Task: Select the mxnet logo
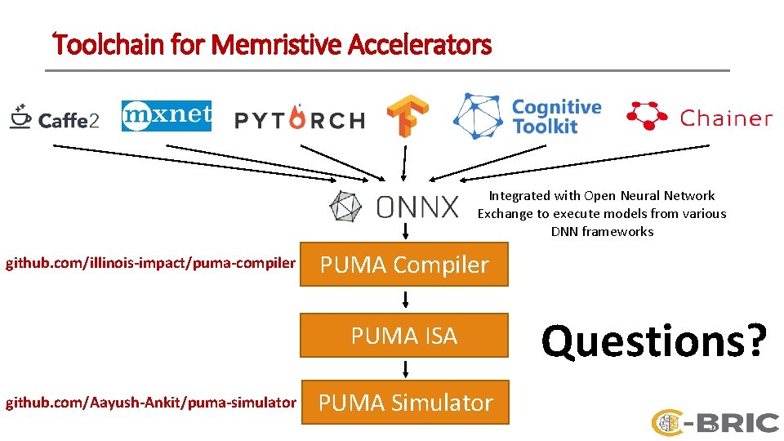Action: pos(167,117)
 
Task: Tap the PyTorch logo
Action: pos(299,120)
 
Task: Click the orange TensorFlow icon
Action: pos(408,116)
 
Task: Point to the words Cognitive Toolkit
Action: pos(556,117)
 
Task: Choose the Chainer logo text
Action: pos(725,118)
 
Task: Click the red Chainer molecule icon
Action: pos(647,116)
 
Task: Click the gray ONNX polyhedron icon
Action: pos(346,207)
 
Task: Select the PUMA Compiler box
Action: pos(403,265)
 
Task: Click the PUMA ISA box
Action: pos(403,336)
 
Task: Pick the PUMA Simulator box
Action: pos(405,403)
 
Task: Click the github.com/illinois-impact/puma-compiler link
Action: pos(150,263)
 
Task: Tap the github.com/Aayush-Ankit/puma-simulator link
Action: pos(150,402)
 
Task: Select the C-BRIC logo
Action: pos(715,422)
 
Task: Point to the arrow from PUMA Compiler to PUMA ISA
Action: pos(404,300)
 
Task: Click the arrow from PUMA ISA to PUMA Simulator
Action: pos(404,369)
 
